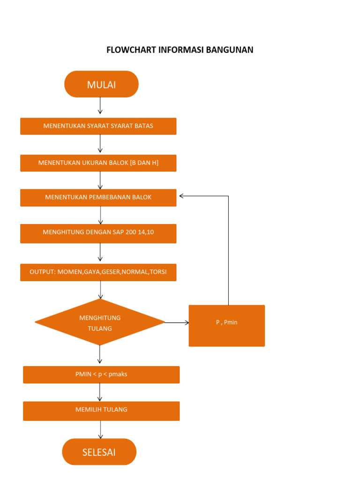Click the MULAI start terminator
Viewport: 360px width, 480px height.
click(x=101, y=84)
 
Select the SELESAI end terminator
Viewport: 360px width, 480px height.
click(x=99, y=452)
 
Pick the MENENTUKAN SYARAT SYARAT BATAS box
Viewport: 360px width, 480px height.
click(x=98, y=126)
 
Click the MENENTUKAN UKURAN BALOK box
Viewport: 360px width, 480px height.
click(x=98, y=163)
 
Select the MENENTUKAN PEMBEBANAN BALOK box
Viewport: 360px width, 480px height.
click(x=98, y=197)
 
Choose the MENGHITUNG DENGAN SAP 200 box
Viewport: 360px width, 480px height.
click(x=98, y=233)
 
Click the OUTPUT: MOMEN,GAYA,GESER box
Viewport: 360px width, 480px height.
click(x=98, y=272)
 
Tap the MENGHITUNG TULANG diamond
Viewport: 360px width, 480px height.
click(x=100, y=322)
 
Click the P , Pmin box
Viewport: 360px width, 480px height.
click(x=226, y=326)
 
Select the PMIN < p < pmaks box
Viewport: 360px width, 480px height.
click(x=101, y=375)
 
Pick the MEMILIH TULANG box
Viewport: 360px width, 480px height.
click(x=101, y=411)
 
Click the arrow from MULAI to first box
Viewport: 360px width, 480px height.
click(x=100, y=106)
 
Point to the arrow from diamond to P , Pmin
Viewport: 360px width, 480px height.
click(x=177, y=322)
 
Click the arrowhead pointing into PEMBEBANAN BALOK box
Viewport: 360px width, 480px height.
click(x=182, y=196)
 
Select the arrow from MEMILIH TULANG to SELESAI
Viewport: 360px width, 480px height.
click(x=100, y=429)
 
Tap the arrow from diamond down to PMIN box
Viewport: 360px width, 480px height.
click(x=100, y=355)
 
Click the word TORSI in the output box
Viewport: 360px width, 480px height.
click(x=158, y=272)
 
